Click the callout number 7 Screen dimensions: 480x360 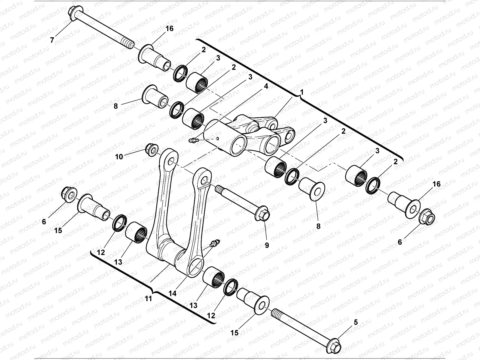click(52, 40)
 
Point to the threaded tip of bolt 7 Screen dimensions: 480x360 click(128, 43)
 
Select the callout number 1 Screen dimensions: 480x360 click(302, 92)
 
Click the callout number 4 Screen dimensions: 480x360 click(266, 86)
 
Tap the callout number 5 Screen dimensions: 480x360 click(356, 322)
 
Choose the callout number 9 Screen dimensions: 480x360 click(267, 245)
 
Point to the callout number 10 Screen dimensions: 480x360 click(119, 157)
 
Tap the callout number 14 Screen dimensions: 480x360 click(172, 293)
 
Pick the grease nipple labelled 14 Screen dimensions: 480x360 click(214, 243)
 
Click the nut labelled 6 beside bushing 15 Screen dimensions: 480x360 click(68, 194)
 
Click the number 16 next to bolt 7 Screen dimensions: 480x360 click(169, 28)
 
